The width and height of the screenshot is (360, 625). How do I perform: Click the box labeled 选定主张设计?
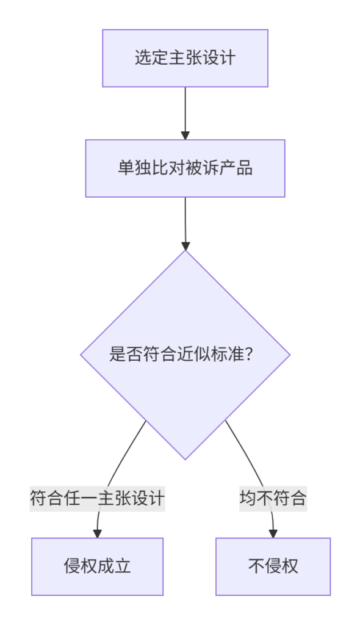click(185, 58)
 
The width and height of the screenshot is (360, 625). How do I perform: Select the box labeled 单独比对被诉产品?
click(185, 168)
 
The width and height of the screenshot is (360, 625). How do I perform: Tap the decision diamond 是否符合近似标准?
click(185, 355)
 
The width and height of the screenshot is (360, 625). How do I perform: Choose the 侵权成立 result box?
click(97, 566)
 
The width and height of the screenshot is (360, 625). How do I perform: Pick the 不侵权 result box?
click(273, 566)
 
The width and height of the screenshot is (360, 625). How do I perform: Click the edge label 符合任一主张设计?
click(97, 498)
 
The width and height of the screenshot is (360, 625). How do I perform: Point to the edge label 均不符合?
click(273, 498)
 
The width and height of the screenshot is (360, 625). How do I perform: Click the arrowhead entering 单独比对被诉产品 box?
click(185, 135)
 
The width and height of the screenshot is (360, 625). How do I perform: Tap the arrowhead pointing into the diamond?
click(185, 245)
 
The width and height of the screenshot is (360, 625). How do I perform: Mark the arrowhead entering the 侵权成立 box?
click(97, 533)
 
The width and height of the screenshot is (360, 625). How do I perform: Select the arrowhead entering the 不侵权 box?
click(273, 533)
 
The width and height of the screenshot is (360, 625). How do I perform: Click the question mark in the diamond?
click(250, 354)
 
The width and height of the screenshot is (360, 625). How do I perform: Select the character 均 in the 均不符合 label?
click(248, 498)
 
